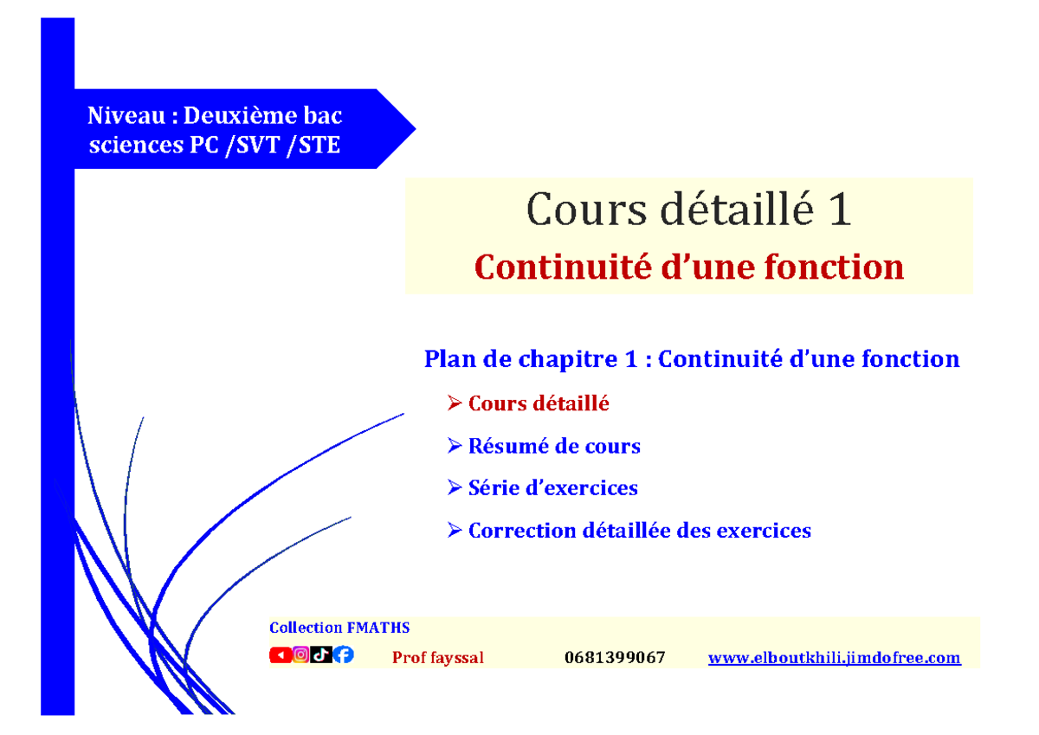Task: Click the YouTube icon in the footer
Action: coord(280,655)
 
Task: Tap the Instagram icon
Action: coord(300,655)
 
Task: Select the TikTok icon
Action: coord(321,655)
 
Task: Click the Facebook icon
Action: coord(343,655)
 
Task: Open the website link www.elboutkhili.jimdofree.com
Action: coord(834,658)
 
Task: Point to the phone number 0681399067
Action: coord(615,658)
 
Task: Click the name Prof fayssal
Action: coord(438,658)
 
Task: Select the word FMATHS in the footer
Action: coord(378,628)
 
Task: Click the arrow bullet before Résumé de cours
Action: coord(455,447)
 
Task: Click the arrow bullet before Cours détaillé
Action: coord(455,403)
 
